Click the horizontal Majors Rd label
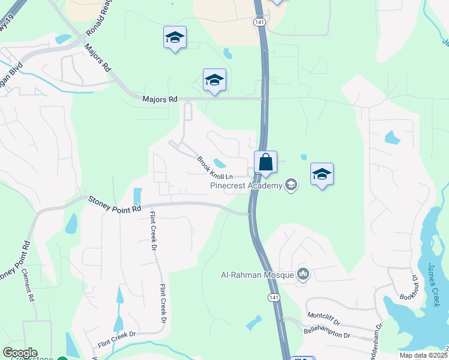coord(160,99)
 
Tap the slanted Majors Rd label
coord(98,58)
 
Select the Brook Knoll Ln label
coord(214,169)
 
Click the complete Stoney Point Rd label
coord(115,203)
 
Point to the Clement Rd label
coord(29,284)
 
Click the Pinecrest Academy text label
coord(246,185)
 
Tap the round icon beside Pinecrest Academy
coord(291,185)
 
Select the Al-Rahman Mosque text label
coord(256,275)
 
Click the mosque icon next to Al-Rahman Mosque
coord(303,275)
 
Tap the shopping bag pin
coord(265,163)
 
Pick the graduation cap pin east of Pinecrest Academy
coord(322,175)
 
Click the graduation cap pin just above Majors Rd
coord(214,80)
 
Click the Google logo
coord(20,353)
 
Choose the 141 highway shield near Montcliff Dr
coord(274,298)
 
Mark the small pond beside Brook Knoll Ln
coord(219,163)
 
